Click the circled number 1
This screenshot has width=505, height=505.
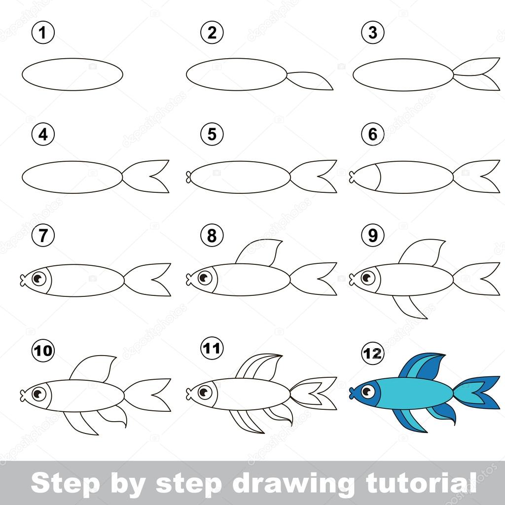[x=43, y=32]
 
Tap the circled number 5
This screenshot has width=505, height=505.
[x=212, y=134]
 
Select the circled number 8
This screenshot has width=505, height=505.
[x=212, y=235]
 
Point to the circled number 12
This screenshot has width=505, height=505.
[x=373, y=353]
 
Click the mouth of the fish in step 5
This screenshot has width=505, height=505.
[x=189, y=177]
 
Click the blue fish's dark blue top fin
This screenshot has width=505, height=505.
[x=423, y=366]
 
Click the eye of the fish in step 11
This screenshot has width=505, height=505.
[x=205, y=392]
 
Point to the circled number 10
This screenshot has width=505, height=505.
[x=43, y=351]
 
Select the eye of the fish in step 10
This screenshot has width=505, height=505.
[x=39, y=394]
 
